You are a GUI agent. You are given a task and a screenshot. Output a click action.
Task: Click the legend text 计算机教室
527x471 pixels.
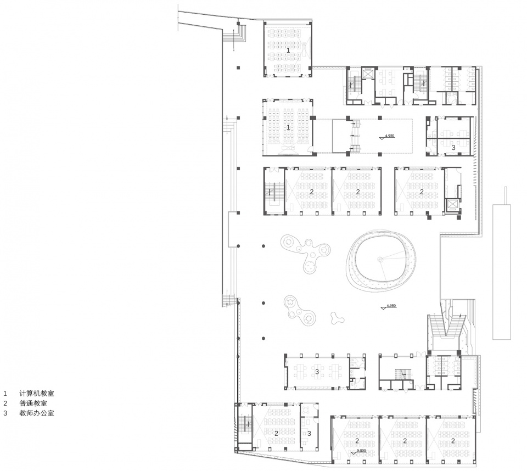[x=36, y=394]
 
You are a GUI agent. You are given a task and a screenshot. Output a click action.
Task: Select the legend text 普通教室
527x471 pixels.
[x=33, y=403]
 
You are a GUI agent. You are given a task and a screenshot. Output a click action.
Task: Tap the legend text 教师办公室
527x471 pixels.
[x=36, y=413]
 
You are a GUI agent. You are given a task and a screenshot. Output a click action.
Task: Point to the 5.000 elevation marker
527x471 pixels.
[x=361, y=451]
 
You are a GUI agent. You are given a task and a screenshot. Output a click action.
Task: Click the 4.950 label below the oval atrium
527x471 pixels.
[x=391, y=305]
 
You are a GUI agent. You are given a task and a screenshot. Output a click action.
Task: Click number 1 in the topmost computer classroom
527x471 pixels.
[x=288, y=50]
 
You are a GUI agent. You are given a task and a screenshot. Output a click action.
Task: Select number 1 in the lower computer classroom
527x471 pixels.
[x=288, y=127]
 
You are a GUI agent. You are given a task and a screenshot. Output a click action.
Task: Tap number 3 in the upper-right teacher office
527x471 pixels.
[x=453, y=147]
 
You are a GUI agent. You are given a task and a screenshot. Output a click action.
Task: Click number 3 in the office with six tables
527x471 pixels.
[x=317, y=372]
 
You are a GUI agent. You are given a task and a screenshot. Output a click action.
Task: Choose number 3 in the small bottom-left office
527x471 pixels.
[x=309, y=433]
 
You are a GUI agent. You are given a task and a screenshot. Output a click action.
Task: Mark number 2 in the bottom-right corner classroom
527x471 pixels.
[x=453, y=441]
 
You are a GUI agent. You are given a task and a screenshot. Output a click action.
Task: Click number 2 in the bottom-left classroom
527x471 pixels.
[x=277, y=433]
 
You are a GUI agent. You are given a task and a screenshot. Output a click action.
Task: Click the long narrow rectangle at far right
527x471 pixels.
[x=502, y=272]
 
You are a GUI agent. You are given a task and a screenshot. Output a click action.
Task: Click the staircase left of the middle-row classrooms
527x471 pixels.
[x=271, y=192]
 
